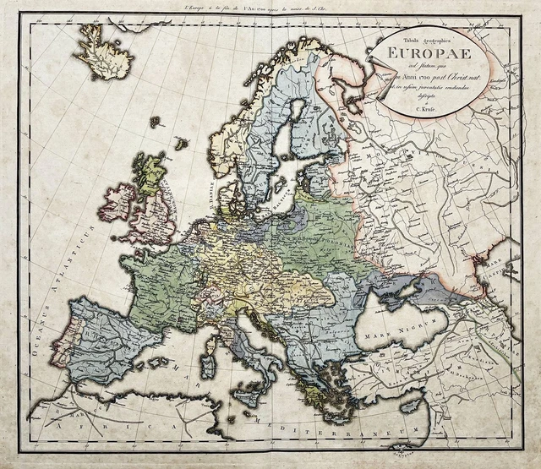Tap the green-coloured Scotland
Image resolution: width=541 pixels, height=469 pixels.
tap(152, 173)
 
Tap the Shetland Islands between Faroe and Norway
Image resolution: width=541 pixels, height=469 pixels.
tap(180, 143)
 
